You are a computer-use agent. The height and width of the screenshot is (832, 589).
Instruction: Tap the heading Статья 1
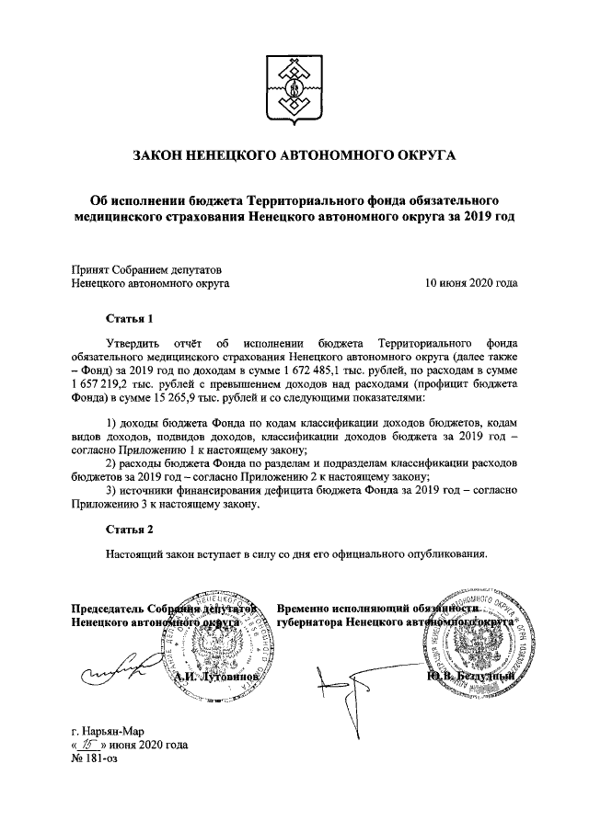128,319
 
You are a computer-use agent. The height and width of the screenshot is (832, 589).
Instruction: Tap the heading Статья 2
128,530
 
